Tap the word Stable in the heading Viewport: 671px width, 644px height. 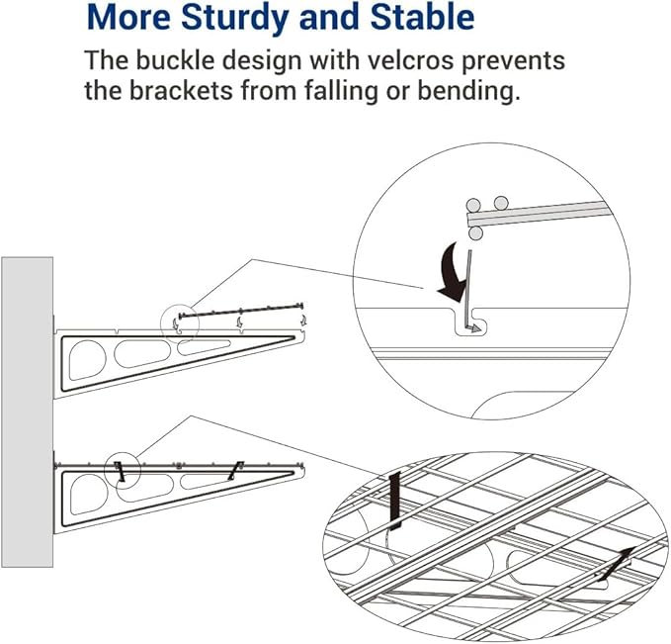coord(422,17)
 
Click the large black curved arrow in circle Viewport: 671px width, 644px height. coord(452,271)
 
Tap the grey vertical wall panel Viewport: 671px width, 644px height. coord(28,412)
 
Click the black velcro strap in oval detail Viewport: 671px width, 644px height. coord(395,501)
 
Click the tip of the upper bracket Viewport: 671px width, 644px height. coord(305,333)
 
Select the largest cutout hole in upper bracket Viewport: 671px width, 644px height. coord(87,360)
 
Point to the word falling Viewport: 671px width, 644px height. coord(342,91)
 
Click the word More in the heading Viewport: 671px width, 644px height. coord(129,18)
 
